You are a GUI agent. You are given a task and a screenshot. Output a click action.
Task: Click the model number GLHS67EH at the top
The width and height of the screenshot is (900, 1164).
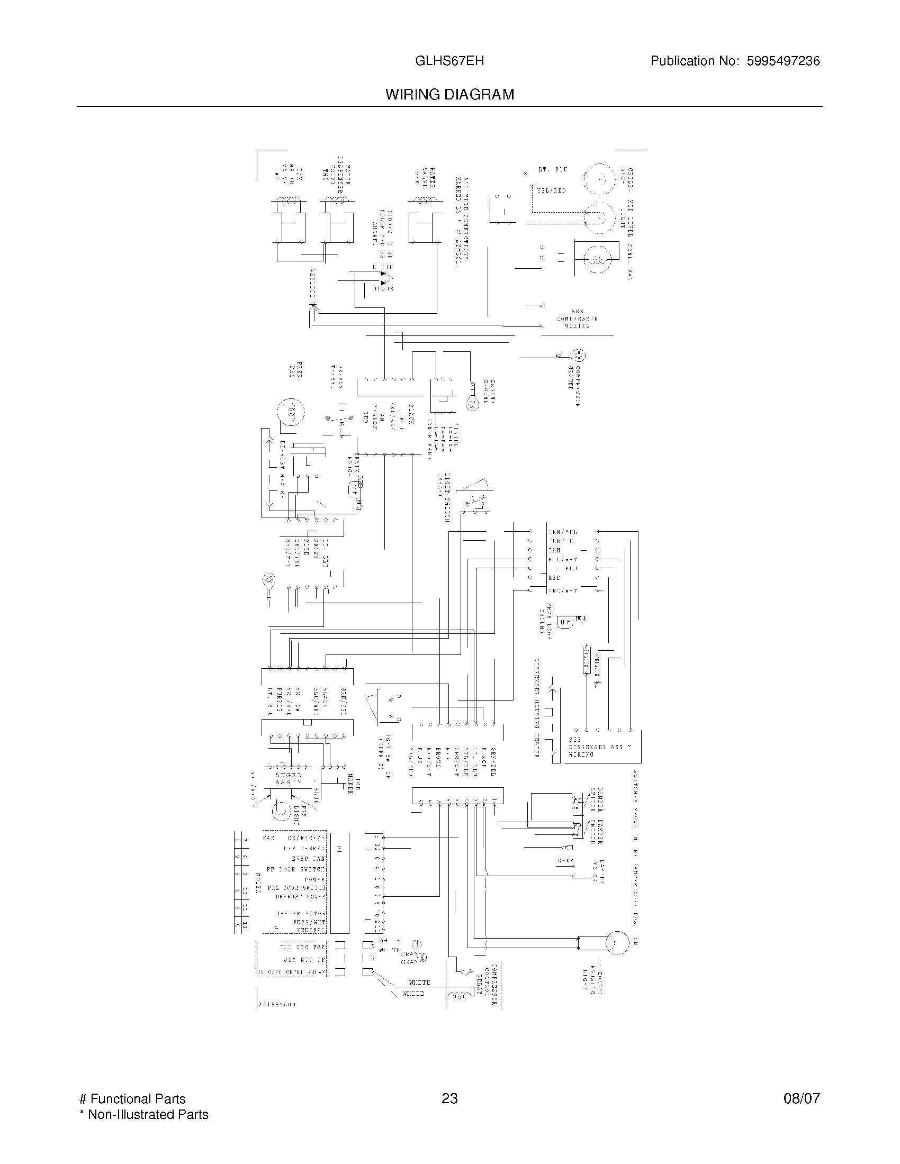coord(449,61)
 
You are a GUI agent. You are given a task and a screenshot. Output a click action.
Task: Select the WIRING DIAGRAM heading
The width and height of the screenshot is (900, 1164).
coord(449,95)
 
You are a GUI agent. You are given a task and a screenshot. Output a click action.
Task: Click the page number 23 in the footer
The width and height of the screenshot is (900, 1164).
coord(449,1098)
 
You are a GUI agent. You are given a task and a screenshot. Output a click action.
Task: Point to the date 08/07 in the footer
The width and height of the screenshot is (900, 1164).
coord(802,1098)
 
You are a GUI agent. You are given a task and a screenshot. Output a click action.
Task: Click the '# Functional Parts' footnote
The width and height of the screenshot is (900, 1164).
coord(132,1098)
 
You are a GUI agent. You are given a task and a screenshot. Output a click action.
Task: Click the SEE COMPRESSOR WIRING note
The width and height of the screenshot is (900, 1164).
coord(577,319)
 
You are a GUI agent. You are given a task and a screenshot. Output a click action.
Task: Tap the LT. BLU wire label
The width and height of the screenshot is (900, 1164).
coord(552,169)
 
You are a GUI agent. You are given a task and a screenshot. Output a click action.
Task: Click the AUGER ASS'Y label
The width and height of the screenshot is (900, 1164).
coord(289,779)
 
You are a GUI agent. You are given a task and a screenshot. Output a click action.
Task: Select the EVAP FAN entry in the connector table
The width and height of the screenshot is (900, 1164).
coord(308,859)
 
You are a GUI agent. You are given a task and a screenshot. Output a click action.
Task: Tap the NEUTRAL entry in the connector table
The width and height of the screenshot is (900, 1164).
coord(310,930)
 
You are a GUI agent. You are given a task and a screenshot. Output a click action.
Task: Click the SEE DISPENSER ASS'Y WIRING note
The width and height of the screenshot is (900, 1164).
coord(599,747)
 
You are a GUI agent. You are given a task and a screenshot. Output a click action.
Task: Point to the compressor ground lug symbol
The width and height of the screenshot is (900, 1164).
coord(579,355)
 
